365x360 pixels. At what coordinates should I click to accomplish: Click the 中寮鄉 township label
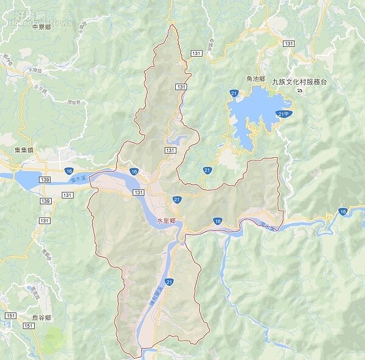41,27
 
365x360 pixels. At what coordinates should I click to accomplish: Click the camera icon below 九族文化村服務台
299,91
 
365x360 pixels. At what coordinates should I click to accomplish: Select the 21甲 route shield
284,114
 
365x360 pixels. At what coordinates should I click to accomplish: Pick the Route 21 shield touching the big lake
234,93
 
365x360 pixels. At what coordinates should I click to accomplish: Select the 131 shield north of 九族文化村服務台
288,44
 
